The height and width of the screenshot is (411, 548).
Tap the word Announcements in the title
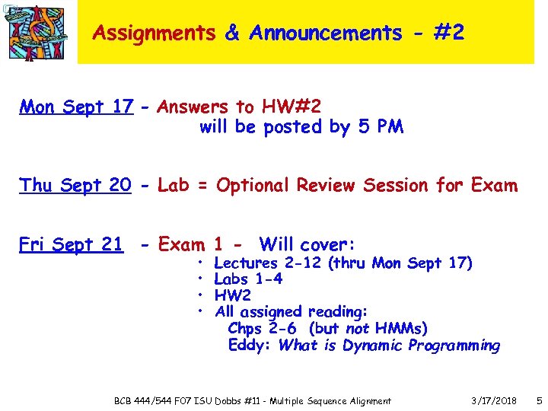pyautogui.click(x=325, y=33)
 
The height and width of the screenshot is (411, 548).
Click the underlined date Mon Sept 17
pyautogui.click(x=76, y=107)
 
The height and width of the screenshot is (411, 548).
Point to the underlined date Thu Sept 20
pyautogui.click(x=75, y=185)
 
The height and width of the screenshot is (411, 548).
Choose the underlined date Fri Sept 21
pyautogui.click(x=71, y=244)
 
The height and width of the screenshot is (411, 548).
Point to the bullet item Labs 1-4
pyautogui.click(x=249, y=279)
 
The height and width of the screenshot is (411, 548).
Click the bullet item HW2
pyautogui.click(x=232, y=295)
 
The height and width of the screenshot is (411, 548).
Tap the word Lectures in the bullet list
pyautogui.click(x=247, y=263)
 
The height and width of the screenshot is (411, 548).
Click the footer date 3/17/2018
pyautogui.click(x=494, y=400)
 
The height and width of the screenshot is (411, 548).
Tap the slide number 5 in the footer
pyautogui.click(x=538, y=400)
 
